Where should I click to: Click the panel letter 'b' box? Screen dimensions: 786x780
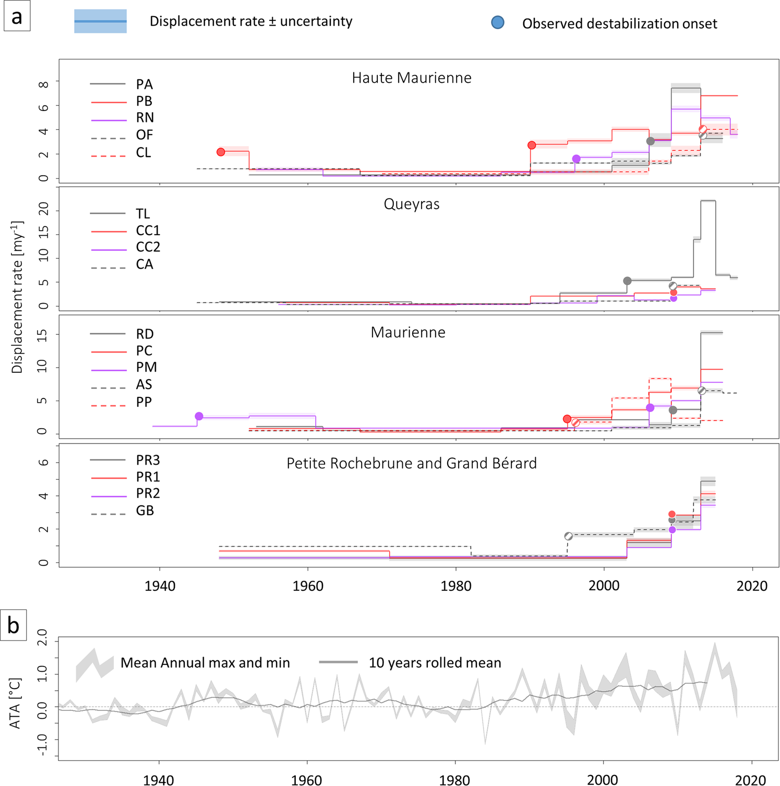point(14,625)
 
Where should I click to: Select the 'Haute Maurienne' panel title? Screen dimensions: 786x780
point(411,78)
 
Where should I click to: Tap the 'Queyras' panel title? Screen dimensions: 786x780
point(411,204)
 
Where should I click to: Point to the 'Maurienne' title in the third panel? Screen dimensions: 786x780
point(407,333)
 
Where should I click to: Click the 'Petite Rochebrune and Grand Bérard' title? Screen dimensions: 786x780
point(411,463)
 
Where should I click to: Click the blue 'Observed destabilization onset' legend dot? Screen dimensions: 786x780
point(498,22)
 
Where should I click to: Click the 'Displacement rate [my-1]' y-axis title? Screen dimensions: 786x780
point(17,297)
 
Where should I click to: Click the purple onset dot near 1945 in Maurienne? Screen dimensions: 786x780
point(199,416)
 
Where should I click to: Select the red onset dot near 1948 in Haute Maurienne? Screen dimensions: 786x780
point(221,152)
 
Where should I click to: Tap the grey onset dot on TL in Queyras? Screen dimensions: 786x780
point(628,281)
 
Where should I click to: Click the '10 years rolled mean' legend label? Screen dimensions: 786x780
point(435,663)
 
